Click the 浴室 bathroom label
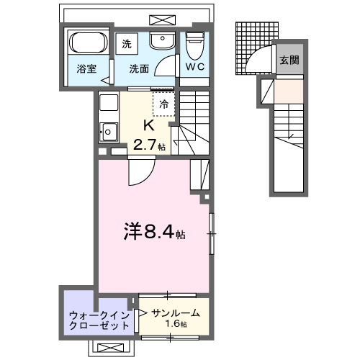tap(87, 71)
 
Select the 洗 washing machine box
tap(127, 43)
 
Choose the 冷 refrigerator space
tap(163, 104)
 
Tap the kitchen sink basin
tap(109, 132)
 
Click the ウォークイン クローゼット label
tap(99, 320)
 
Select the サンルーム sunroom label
tap(175, 313)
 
